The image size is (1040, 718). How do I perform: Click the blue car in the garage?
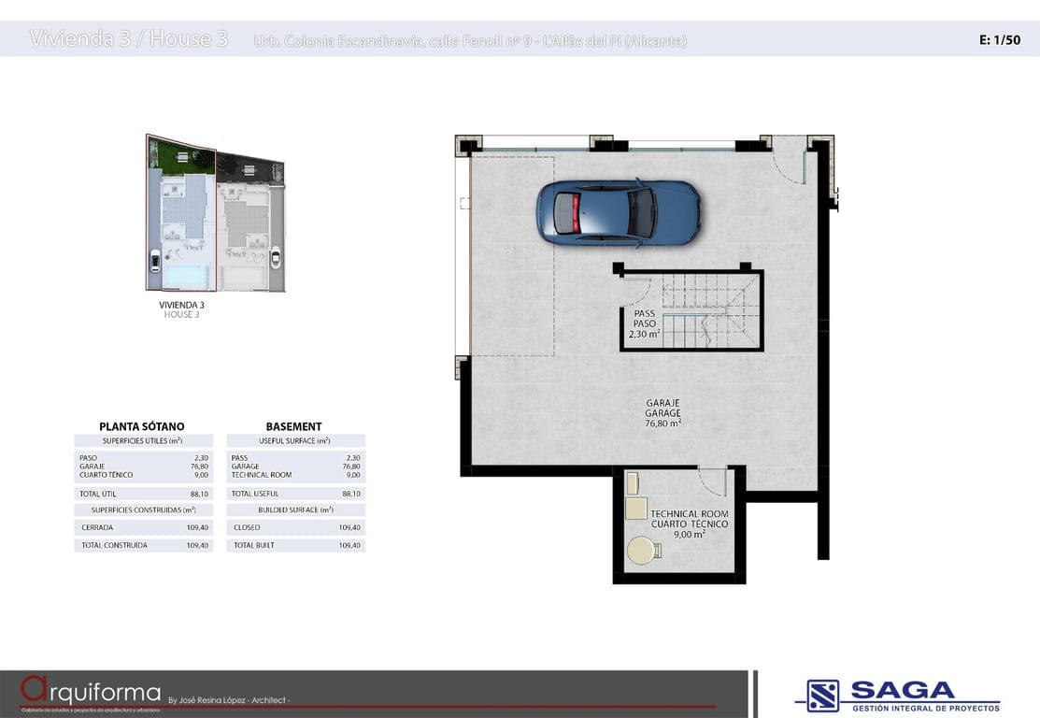618,212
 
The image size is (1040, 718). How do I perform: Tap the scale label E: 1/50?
999,40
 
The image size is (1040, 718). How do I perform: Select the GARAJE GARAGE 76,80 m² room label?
662,413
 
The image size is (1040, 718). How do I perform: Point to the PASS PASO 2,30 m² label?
645,323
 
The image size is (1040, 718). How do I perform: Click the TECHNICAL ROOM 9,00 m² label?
690,524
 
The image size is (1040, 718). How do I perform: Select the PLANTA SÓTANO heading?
142,426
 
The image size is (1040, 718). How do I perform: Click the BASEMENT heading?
293,426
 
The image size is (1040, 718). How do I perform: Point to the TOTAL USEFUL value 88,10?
351,494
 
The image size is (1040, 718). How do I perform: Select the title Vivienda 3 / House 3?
129,39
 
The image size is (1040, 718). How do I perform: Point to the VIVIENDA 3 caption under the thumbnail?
181,305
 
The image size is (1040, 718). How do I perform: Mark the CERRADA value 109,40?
197,528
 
